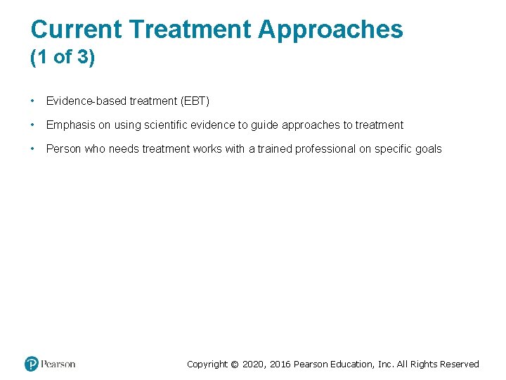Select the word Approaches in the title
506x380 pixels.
pos(331,30)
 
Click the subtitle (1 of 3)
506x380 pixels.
pos(63,58)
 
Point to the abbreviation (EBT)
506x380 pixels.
pos(195,101)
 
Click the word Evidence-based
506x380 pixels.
pos(86,101)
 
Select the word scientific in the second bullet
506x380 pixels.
pos(165,125)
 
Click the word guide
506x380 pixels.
pos(265,125)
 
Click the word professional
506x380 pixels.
pos(326,148)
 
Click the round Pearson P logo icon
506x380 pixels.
pos(32,364)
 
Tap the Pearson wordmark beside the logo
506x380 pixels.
pos(58,364)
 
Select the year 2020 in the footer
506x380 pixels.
pos(254,365)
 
